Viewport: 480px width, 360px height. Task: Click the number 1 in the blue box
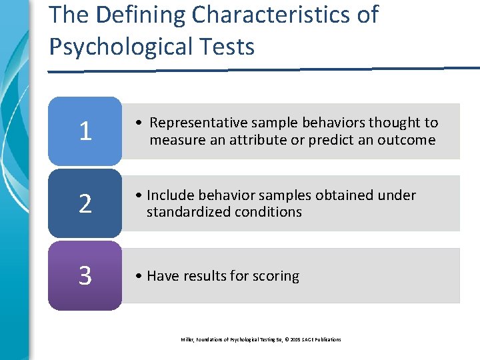(x=85, y=131)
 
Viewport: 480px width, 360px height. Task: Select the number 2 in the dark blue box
(x=85, y=204)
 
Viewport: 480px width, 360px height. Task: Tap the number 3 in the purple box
(x=85, y=276)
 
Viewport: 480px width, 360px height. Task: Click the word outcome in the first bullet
(x=409, y=140)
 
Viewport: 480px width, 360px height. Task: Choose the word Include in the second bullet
(x=169, y=195)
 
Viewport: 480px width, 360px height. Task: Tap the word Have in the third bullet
(x=161, y=276)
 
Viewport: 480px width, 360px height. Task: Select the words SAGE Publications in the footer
(x=322, y=339)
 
